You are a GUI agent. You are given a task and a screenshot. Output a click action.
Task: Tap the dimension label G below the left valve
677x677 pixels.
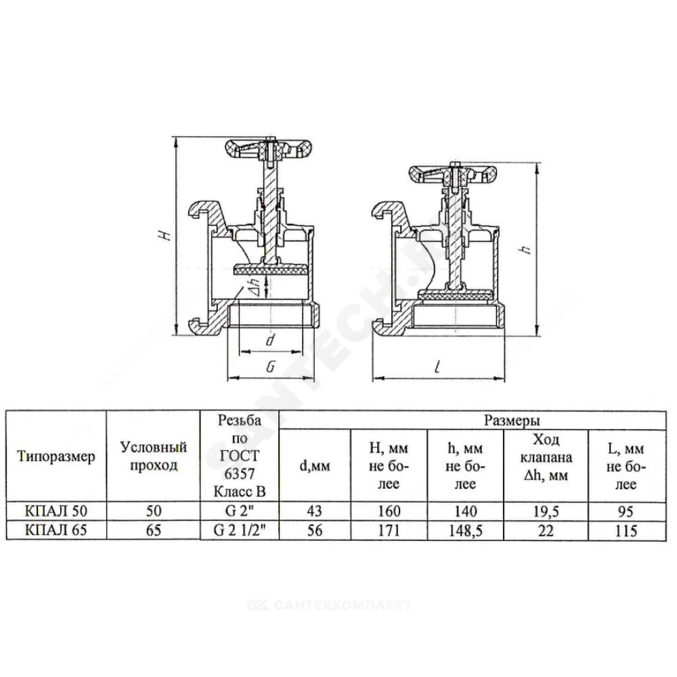pos(271,367)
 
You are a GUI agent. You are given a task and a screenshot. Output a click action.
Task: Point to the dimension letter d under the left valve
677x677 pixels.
pos(270,341)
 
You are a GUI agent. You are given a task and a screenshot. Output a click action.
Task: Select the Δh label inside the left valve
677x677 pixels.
pos(255,286)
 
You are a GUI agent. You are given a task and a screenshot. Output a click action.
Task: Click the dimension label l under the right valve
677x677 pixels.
pos(438,368)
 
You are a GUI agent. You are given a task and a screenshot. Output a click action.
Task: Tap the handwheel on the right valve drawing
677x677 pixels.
pos(452,174)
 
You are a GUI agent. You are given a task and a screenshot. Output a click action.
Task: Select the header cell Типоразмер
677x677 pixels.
pos(56,456)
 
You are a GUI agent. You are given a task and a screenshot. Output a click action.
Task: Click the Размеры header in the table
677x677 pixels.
pos(512,420)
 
